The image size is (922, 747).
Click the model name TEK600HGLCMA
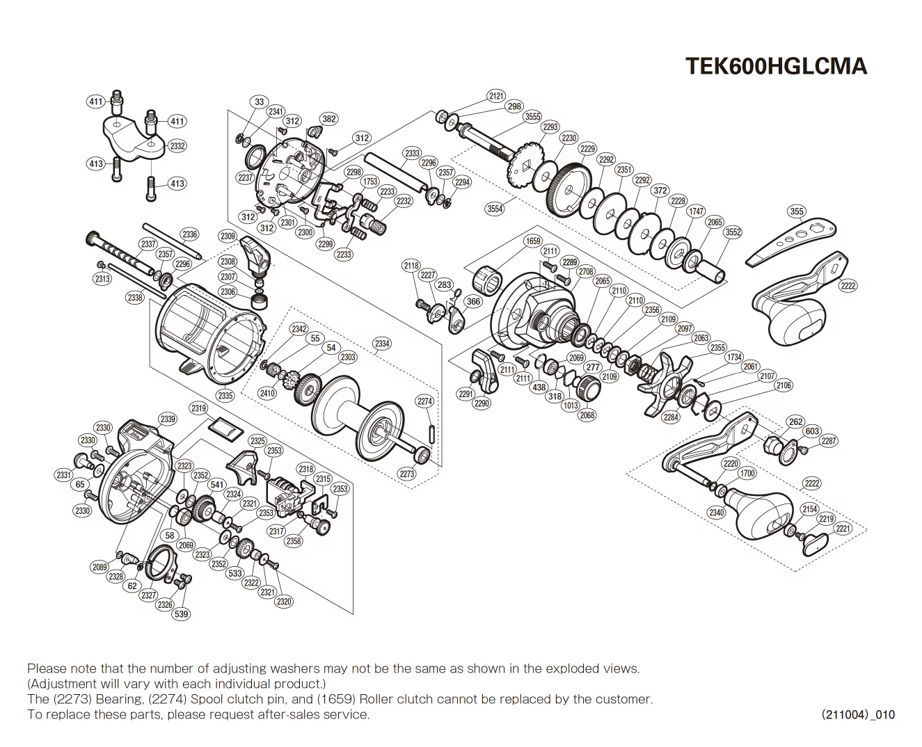776,65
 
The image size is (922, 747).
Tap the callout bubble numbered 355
796,211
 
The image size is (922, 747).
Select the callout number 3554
495,209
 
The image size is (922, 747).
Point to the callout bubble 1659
532,241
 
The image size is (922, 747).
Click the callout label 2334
382,344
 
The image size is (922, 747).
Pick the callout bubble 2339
168,419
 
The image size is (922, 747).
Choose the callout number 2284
670,417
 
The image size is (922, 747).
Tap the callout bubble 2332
177,146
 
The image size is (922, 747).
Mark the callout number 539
181,614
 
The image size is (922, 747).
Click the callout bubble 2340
716,513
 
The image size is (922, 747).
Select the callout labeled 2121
496,96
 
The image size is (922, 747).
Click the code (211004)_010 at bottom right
857,714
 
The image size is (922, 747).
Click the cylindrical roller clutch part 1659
487,282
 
